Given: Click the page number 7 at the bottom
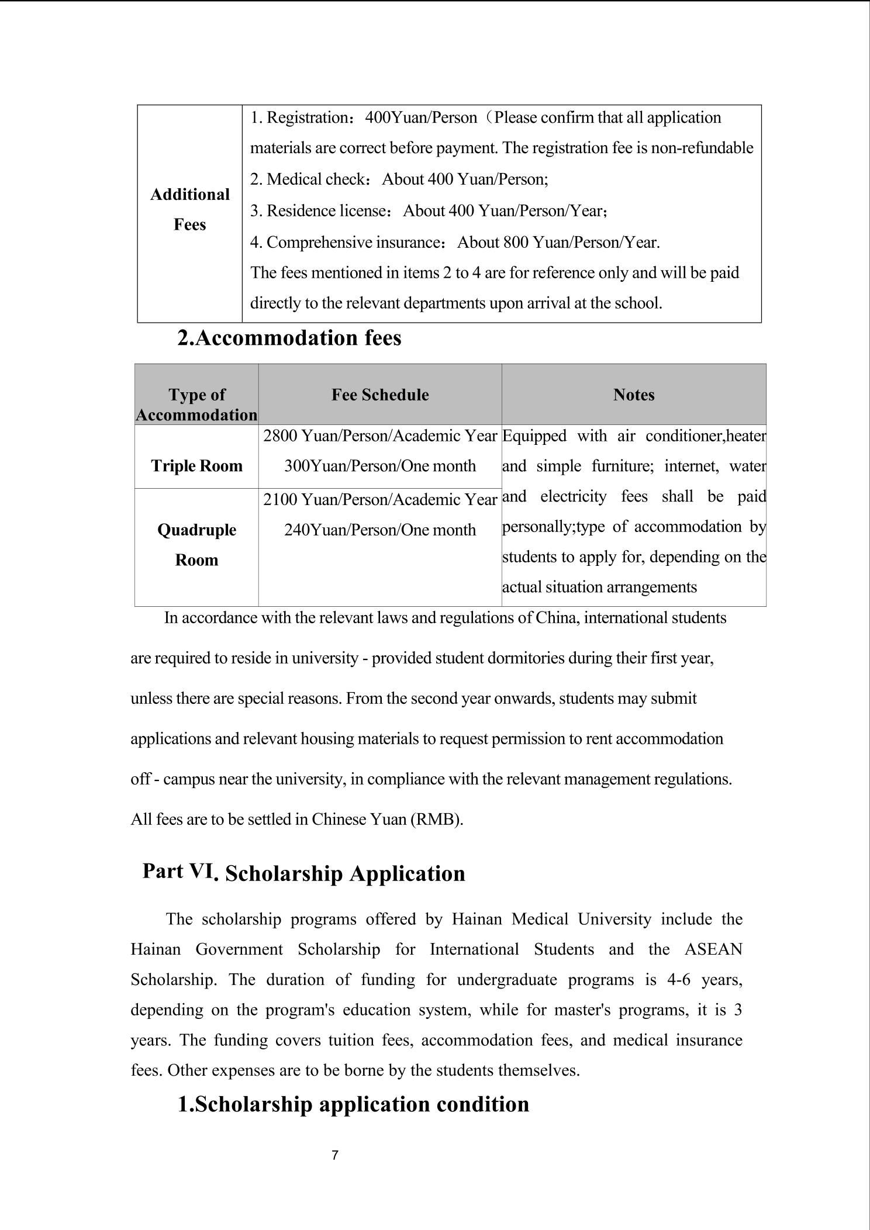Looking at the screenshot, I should tap(335, 1155).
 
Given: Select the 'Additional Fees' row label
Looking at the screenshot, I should tap(189, 209).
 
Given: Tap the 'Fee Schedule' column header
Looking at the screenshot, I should tap(380, 395).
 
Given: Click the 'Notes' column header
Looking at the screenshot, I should tap(634, 395).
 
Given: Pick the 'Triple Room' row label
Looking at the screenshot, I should tap(196, 466).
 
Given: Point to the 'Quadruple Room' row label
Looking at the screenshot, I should tap(196, 545).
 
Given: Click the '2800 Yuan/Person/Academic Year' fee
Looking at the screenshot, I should tap(380, 436).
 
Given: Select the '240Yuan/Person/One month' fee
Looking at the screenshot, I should tap(380, 530).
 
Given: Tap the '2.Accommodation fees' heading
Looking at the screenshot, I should tap(289, 338).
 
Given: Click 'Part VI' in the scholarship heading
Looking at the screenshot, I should tap(178, 871).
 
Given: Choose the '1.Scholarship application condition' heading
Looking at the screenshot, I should tap(353, 1104).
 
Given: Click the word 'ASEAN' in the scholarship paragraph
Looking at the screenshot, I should tap(713, 949).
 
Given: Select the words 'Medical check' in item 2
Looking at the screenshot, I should tap(316, 179).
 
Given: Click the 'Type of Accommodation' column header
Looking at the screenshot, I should tap(196, 405).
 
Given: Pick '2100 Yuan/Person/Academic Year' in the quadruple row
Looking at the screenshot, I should tap(380, 499).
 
